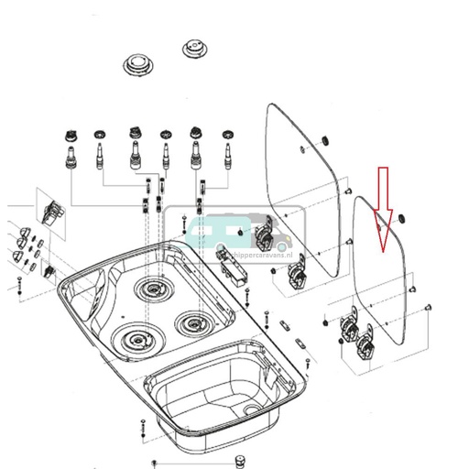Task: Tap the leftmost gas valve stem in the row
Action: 68,152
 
